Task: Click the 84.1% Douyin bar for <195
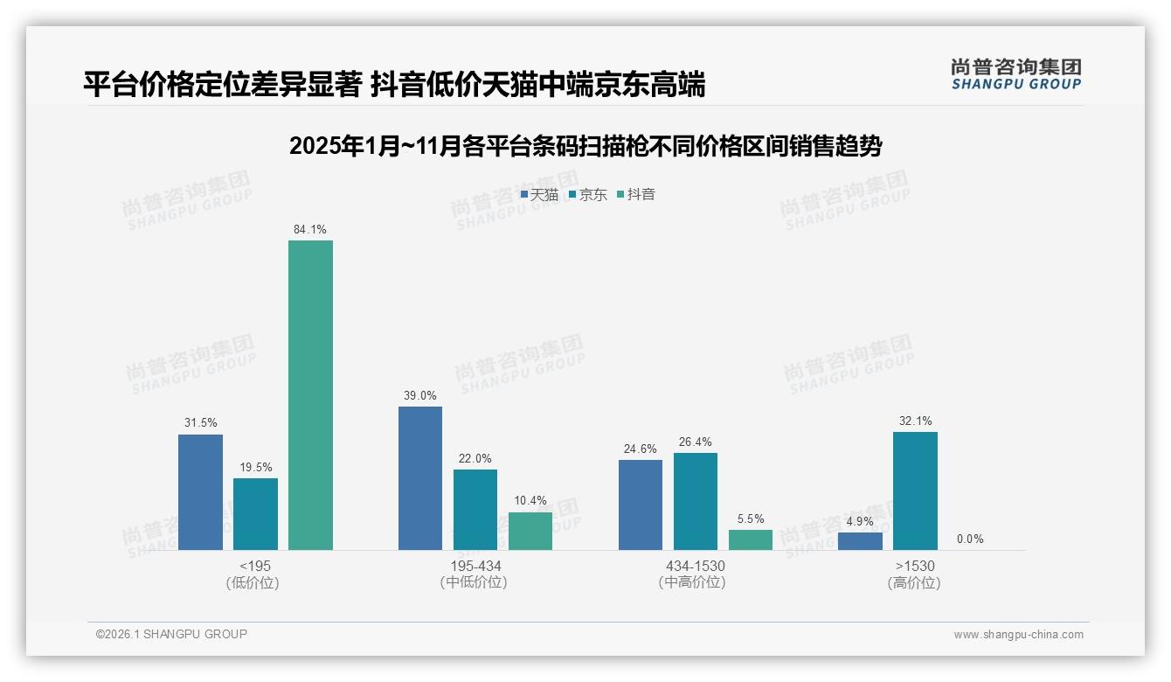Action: [310, 395]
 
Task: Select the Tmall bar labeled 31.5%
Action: [200, 492]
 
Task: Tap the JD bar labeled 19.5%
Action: [255, 514]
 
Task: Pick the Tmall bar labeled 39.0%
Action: [420, 478]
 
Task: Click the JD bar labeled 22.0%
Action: [475, 510]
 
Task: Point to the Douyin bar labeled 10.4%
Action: [530, 531]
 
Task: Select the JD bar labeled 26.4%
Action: [696, 501]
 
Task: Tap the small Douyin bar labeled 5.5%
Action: [751, 539]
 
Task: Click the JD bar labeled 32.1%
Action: [915, 491]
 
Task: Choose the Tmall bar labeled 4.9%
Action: [860, 541]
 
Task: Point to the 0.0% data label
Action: [970, 539]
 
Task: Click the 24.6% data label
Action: [641, 449]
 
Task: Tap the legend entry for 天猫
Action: [539, 194]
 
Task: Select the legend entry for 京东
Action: [587, 194]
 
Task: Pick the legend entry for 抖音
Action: [635, 194]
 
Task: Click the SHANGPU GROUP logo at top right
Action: [1016, 74]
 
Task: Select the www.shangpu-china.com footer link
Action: [1018, 635]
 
